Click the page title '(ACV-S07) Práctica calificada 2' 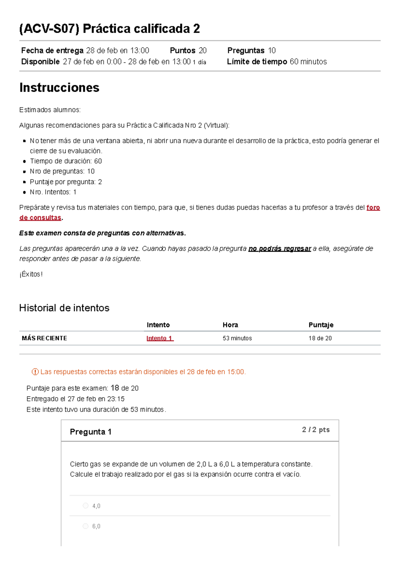click(x=109, y=29)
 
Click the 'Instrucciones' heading click(x=59, y=87)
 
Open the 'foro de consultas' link click(x=373, y=207)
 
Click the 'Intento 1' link click(x=160, y=338)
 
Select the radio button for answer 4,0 click(x=86, y=506)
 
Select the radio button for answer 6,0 click(x=86, y=526)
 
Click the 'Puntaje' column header click(x=321, y=325)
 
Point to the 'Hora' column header click(x=230, y=325)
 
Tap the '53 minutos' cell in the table click(x=237, y=338)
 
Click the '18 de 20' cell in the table click(x=320, y=338)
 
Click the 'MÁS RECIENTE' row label click(x=44, y=338)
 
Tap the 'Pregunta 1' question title click(x=91, y=432)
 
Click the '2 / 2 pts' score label click(x=316, y=430)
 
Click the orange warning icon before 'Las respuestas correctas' click(x=35, y=372)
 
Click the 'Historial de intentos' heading click(x=64, y=308)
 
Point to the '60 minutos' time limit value click(x=308, y=62)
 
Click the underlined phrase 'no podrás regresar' click(x=280, y=248)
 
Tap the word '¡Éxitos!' click(x=31, y=274)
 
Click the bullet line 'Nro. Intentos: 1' click(x=53, y=192)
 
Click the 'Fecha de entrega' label click(x=52, y=51)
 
